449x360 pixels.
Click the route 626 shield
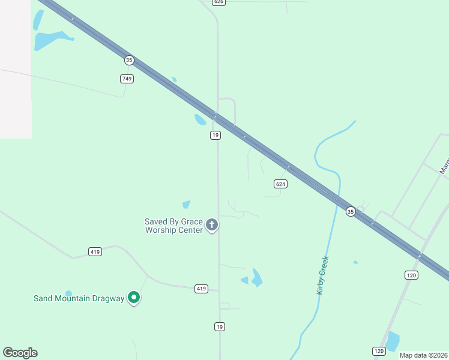218,2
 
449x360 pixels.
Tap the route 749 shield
127,79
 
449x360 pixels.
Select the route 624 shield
280,184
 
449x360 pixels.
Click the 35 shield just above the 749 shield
129,60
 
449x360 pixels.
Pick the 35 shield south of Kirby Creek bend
351,211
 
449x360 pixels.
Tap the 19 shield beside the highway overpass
215,136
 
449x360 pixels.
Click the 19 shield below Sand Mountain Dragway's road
220,326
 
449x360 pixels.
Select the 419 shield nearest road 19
201,289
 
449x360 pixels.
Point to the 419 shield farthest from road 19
94,251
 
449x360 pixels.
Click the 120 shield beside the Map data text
379,351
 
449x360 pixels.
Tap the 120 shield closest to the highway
411,275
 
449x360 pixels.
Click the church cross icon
211,225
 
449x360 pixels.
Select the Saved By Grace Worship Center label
173,226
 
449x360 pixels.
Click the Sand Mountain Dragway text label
79,298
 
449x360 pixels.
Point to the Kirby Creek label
322,275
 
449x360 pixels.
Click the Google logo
20,353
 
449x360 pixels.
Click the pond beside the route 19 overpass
200,119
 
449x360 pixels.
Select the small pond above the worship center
186,205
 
